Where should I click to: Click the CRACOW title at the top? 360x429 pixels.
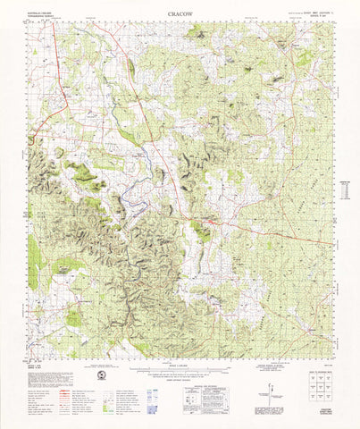pos(178,15)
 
